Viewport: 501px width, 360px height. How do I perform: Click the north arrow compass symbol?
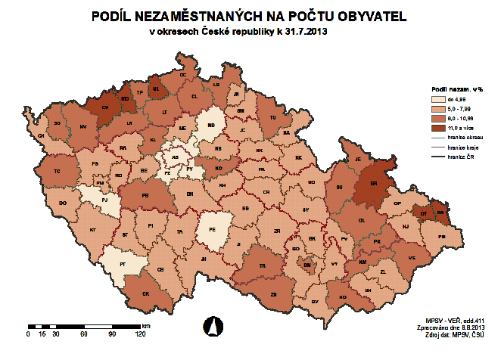pos(212,327)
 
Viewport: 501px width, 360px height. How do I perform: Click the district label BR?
pos(373,183)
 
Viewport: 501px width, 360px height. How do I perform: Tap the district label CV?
pos(105,107)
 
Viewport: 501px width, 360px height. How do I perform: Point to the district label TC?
pos(56,172)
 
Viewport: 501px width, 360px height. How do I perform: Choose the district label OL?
pos(362,221)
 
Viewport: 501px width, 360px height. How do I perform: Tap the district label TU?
pos(273,118)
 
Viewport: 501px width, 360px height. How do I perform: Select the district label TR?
pos(263,267)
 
